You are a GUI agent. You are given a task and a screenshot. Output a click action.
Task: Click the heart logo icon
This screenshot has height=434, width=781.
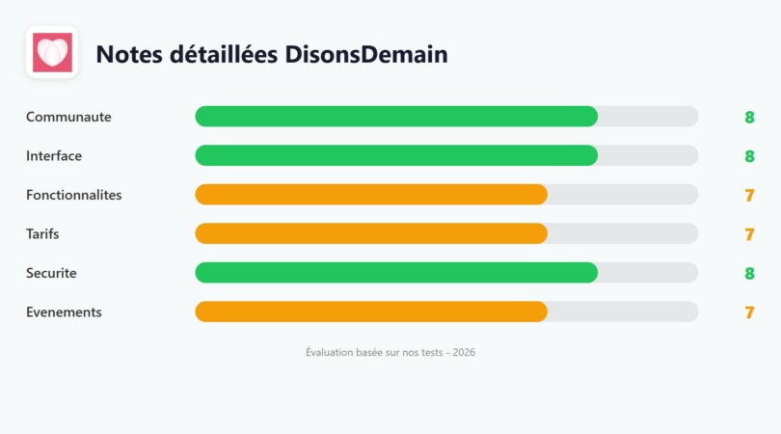point(51,52)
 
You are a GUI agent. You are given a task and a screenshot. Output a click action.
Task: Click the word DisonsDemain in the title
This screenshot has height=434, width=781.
point(366,55)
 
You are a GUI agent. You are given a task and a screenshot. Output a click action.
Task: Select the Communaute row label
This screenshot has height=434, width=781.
point(68,117)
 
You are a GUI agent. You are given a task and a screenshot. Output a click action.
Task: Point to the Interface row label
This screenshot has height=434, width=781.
point(54,155)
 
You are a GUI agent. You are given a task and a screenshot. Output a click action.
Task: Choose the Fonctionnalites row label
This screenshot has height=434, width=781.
point(73,195)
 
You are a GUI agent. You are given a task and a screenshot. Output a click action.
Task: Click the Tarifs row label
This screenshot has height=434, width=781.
point(42,233)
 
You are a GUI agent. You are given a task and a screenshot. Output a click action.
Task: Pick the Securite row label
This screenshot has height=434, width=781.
point(51,273)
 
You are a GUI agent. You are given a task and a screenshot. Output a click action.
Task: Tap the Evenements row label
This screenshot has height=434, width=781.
point(64,312)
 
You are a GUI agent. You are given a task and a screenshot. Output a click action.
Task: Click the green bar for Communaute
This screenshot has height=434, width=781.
point(396,117)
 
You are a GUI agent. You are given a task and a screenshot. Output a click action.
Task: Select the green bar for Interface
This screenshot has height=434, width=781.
point(396,155)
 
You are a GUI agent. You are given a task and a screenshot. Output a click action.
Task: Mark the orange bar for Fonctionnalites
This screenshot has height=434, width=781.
point(371,195)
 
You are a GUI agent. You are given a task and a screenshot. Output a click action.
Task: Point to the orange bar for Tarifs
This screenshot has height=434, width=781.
point(371,233)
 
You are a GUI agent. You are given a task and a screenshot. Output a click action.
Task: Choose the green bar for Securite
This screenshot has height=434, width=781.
point(396,273)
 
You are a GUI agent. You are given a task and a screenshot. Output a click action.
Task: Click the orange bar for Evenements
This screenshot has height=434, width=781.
point(371,312)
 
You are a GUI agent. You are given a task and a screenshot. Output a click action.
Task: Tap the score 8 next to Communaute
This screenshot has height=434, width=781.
point(749,118)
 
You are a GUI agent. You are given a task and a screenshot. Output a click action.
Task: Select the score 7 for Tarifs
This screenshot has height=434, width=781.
point(749,234)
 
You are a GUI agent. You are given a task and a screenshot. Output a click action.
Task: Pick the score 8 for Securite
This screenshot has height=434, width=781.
point(749,274)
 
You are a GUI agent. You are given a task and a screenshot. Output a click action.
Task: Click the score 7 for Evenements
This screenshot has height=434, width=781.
point(749,312)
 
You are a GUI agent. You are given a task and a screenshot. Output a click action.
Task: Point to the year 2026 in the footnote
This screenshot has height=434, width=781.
point(464,353)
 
